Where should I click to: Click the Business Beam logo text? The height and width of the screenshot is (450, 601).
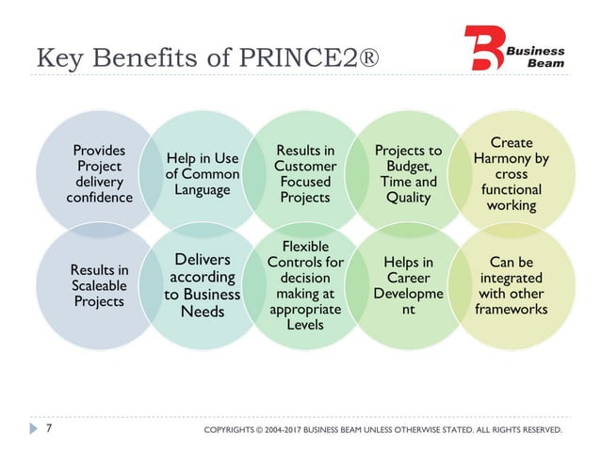pos(539,56)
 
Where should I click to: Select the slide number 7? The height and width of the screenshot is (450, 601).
pos(48,430)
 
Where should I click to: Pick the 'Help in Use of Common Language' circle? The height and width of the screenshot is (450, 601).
pos(202,173)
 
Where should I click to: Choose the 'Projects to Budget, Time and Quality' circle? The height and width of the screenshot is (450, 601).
pos(408,173)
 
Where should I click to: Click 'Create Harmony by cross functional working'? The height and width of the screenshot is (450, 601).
pos(512,173)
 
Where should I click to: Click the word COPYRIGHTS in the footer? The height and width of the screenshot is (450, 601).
pos(236,431)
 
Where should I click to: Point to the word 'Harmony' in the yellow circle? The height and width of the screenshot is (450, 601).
pos(512,158)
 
